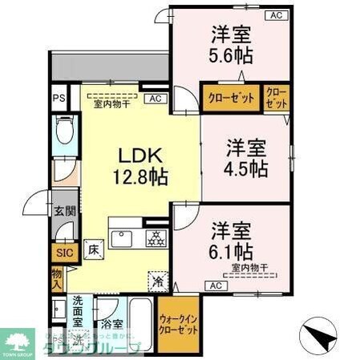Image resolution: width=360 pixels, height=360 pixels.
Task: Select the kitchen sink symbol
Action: (x=124, y=237)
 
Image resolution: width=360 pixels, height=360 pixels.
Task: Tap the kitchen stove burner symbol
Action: (x=154, y=237)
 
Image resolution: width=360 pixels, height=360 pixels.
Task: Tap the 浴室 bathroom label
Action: (x=111, y=325)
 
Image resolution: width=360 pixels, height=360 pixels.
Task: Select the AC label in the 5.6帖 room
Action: (x=274, y=15)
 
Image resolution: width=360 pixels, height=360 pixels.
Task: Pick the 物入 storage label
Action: (x=57, y=278)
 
